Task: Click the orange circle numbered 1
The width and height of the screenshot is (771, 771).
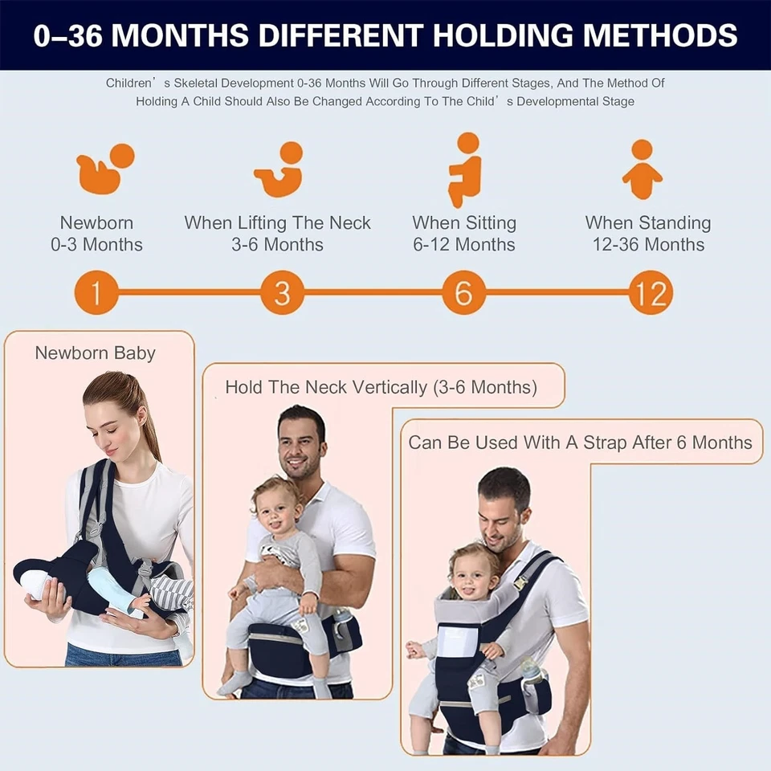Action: point(96,293)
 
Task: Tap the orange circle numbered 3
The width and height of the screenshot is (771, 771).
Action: point(282,293)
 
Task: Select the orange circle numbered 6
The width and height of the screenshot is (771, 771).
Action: point(464,293)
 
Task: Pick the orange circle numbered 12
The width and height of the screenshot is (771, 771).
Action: point(650,293)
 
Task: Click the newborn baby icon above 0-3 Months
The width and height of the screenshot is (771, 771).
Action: point(104,168)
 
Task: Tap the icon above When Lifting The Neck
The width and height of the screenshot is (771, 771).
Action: point(279,169)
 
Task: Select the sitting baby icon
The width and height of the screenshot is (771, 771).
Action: point(464,169)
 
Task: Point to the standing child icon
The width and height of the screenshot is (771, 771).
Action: point(642,169)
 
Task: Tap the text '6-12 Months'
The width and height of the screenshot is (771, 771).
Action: point(464,245)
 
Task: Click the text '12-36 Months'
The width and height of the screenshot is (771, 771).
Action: point(648,245)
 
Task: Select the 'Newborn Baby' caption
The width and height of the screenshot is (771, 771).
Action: point(95,353)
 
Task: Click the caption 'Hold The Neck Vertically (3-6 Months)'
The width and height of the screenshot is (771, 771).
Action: point(381,387)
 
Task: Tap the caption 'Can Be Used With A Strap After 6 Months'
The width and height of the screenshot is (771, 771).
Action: point(580,443)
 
